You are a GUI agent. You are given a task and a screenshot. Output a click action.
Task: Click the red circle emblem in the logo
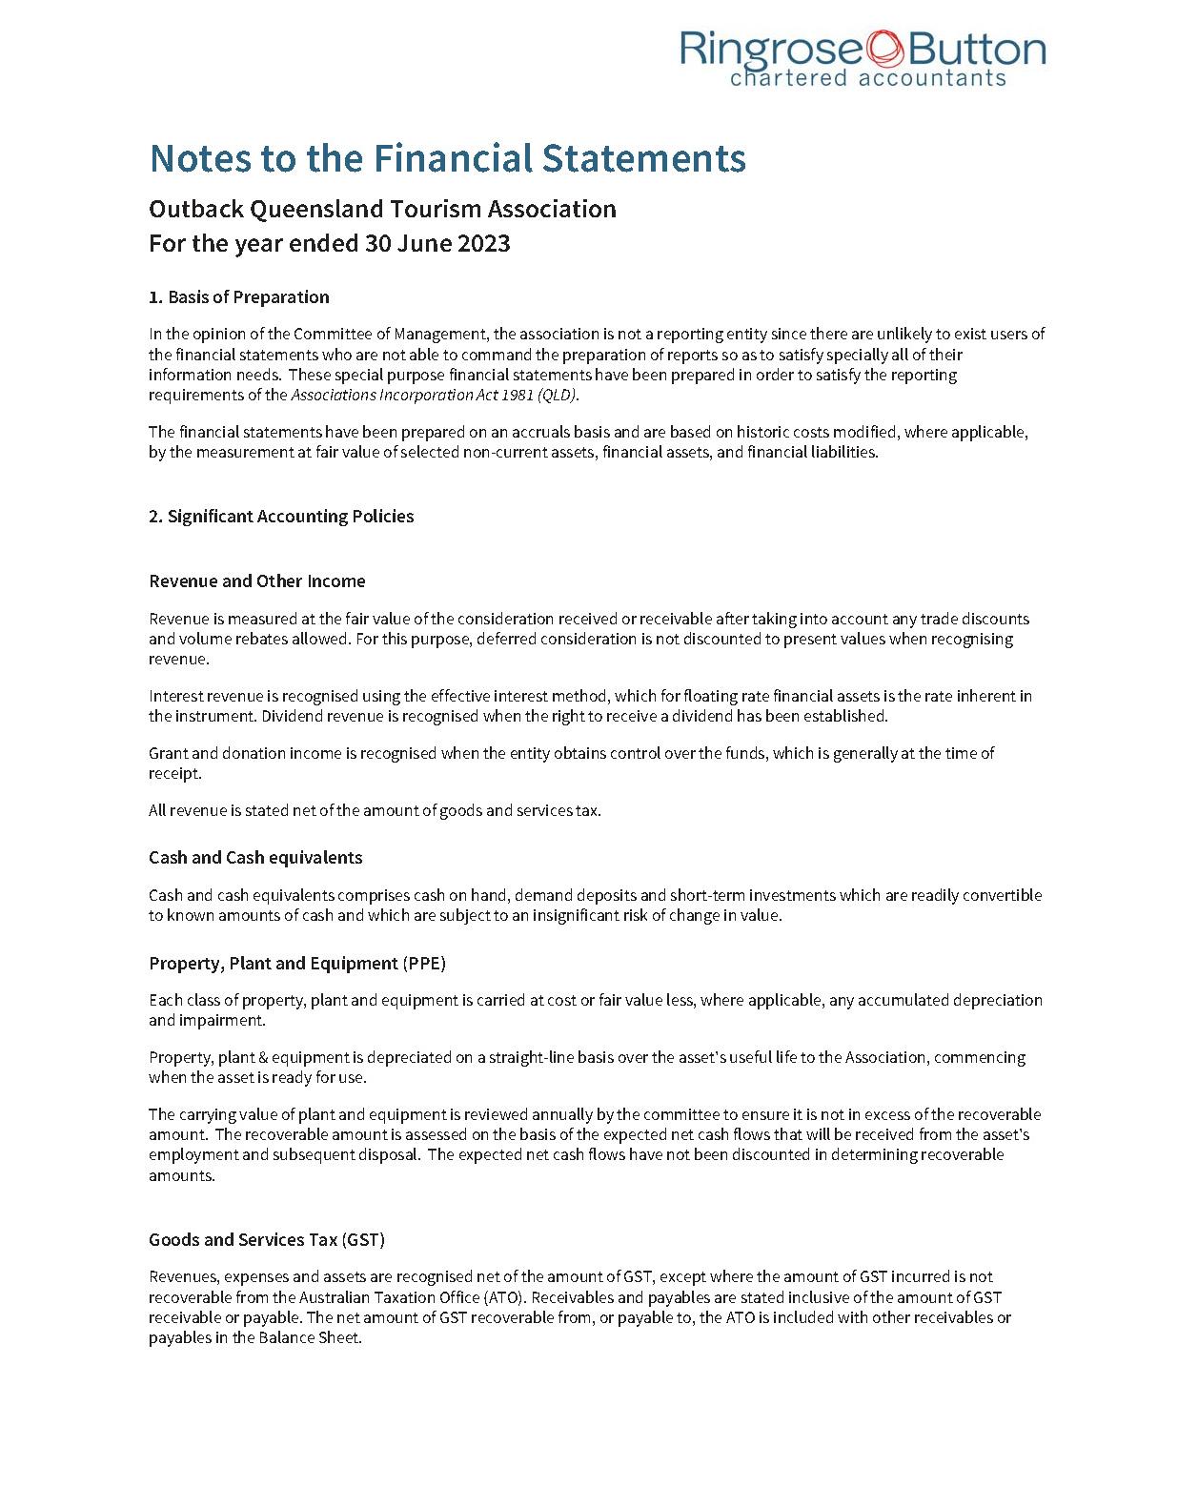click(884, 48)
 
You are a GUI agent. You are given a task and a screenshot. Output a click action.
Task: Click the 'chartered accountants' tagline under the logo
click(867, 78)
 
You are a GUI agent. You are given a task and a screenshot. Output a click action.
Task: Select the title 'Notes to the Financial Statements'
click(447, 158)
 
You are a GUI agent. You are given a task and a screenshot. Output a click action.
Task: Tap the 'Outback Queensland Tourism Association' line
click(382, 209)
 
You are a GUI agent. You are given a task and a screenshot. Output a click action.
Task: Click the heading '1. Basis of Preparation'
click(238, 296)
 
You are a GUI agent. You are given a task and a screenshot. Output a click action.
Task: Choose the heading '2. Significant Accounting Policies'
click(281, 516)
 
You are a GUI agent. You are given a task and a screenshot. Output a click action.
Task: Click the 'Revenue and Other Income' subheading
click(256, 581)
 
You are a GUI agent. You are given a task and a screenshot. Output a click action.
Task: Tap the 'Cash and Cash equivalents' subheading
click(255, 857)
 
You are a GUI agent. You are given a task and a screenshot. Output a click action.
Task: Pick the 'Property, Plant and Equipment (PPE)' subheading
click(296, 963)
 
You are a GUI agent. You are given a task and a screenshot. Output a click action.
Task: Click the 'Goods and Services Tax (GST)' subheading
click(266, 1239)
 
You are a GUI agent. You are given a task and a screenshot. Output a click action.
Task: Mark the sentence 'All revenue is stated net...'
click(375, 810)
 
